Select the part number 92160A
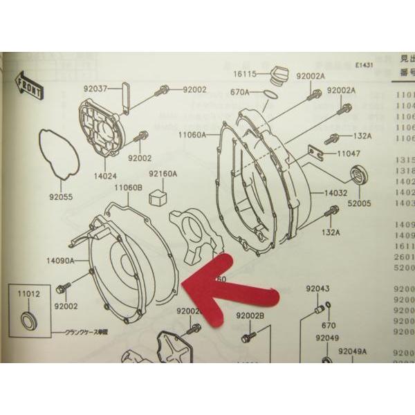pos(163,174)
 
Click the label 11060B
pos(128,187)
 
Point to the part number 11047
pos(348,152)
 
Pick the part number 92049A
pos(353,351)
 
